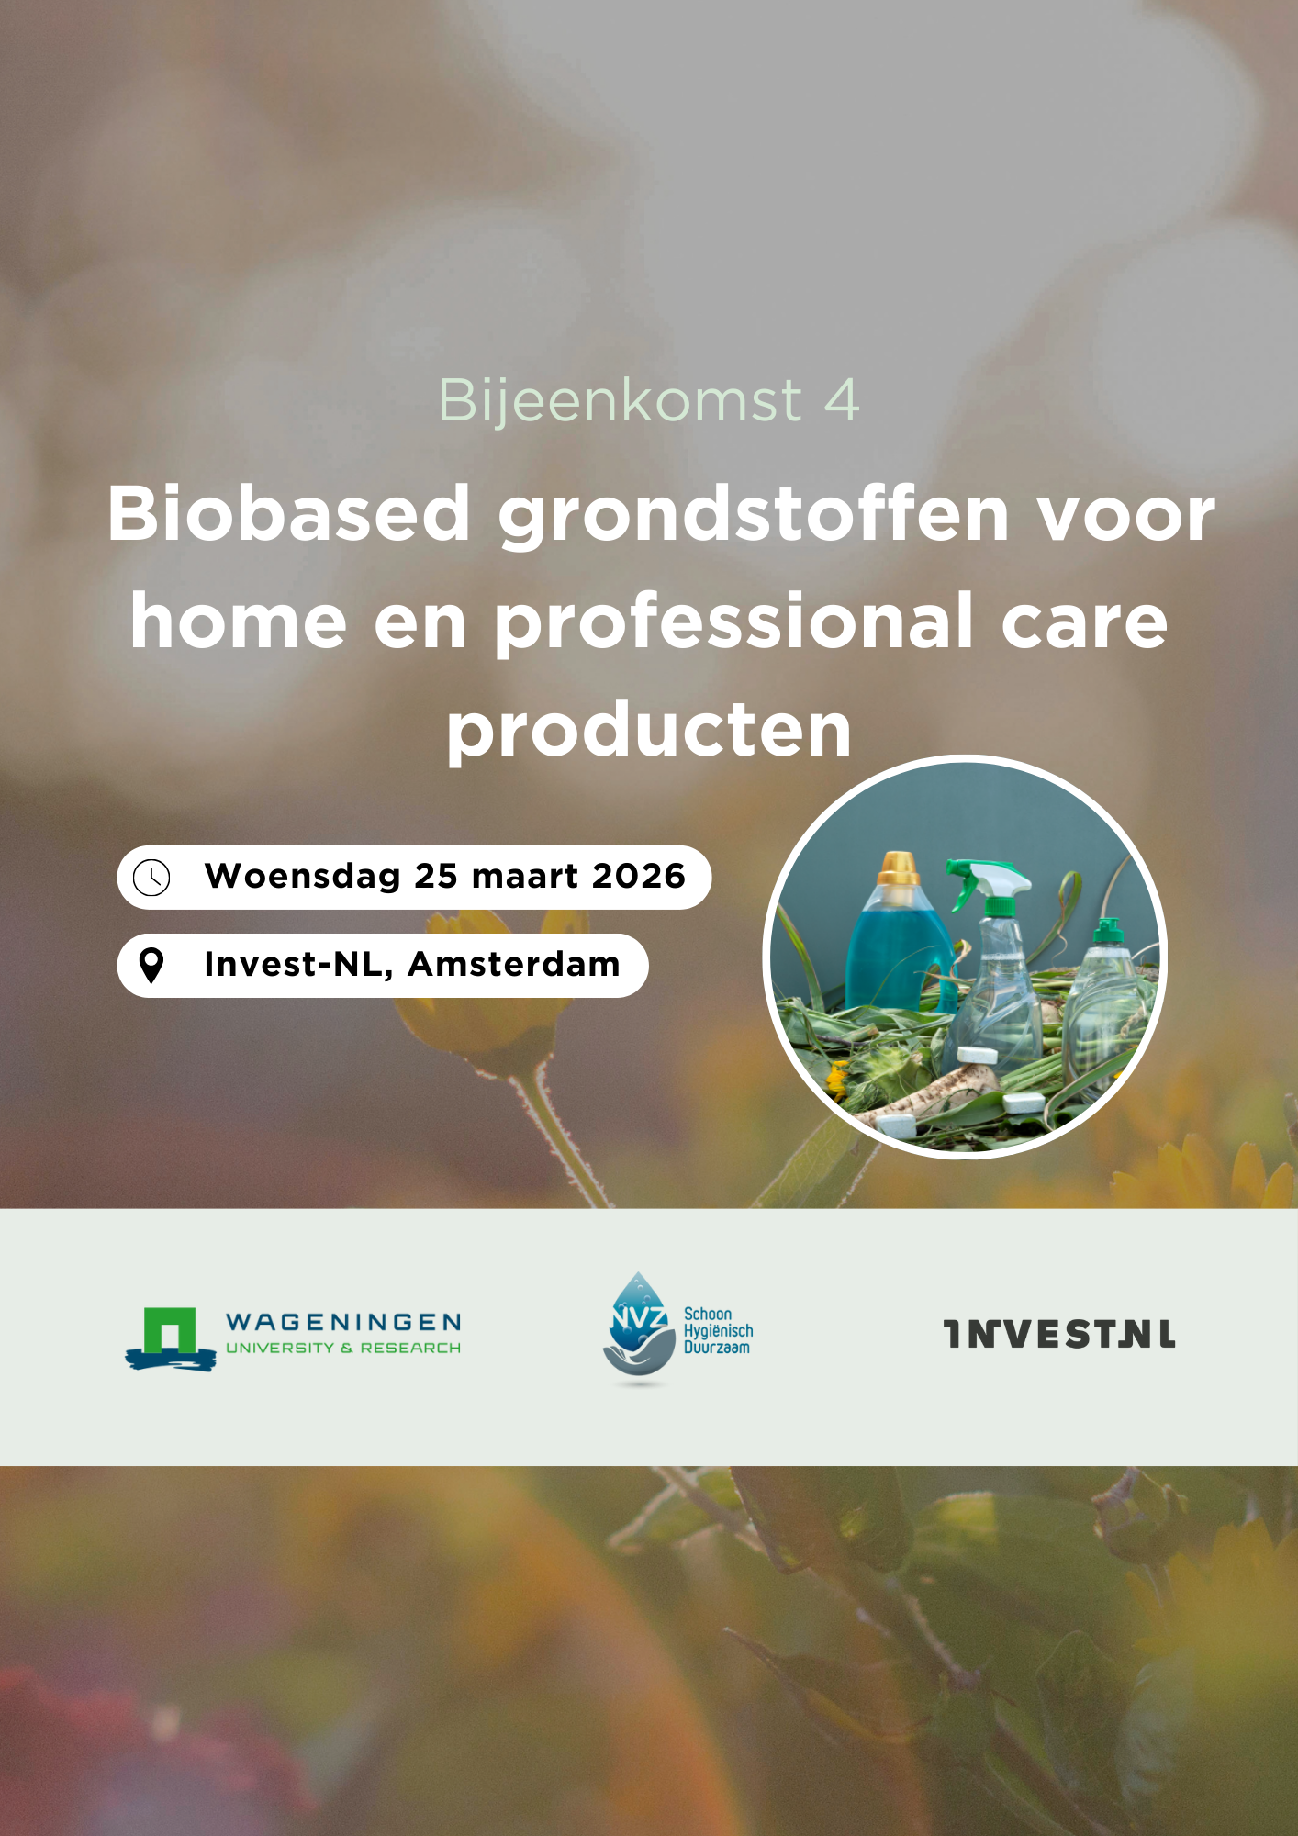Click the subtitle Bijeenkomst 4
pyautogui.click(x=648, y=401)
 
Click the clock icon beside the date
pyautogui.click(x=151, y=878)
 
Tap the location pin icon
pyautogui.click(x=151, y=966)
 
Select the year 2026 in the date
pyautogui.click(x=639, y=876)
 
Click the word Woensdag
pyautogui.click(x=303, y=878)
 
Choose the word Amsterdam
pyautogui.click(x=514, y=964)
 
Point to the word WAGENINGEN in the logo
pyautogui.click(x=343, y=1322)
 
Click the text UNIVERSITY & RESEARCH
pyautogui.click(x=343, y=1348)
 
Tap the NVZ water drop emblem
pyautogui.click(x=639, y=1326)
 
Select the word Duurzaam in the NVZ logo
pyautogui.click(x=717, y=1348)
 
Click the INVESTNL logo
pyautogui.click(x=1059, y=1334)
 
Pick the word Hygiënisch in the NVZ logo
pyautogui.click(x=719, y=1331)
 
